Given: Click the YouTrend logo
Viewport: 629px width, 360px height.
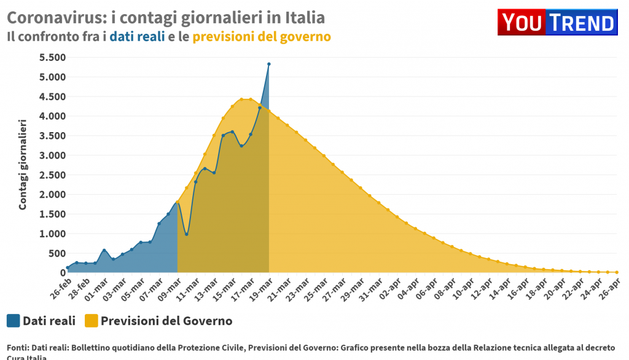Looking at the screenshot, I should (x=557, y=23).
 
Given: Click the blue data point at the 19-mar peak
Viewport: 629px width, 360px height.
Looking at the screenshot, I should (x=269, y=64).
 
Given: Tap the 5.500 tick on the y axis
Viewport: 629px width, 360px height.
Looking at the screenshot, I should (x=52, y=58).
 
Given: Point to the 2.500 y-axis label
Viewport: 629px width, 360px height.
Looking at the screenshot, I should (x=52, y=175).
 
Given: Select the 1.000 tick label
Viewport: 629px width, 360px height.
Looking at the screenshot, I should (x=52, y=234).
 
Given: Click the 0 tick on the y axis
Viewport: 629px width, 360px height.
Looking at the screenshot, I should (x=61, y=273).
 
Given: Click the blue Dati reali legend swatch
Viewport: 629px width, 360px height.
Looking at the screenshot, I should (x=14, y=321).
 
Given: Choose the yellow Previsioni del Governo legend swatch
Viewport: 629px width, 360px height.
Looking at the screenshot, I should (x=91, y=321).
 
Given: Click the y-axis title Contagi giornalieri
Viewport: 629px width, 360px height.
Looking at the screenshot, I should (x=23, y=165).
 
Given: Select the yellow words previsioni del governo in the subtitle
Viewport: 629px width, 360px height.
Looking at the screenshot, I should (x=262, y=37).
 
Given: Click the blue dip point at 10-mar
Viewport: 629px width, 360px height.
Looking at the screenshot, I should (x=187, y=234).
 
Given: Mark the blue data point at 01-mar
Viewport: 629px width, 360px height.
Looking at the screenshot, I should (x=104, y=250).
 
